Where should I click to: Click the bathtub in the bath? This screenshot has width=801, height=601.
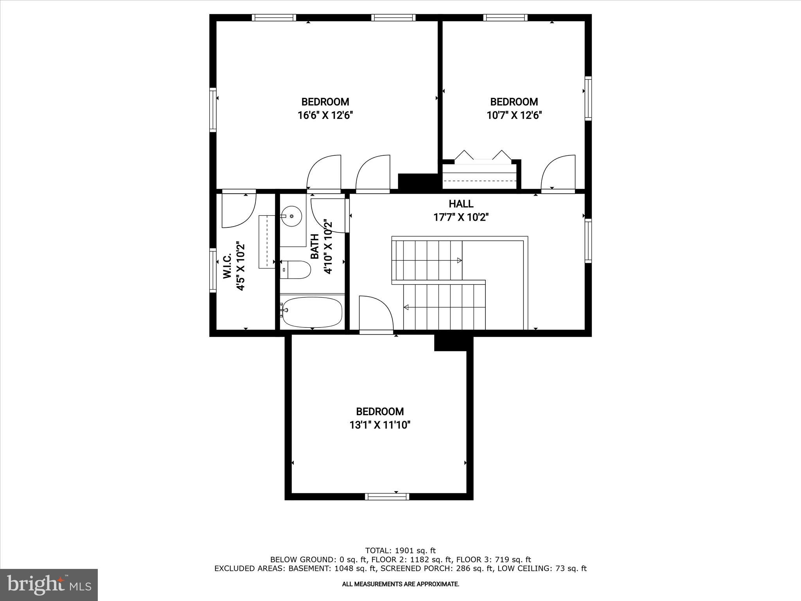[312, 312]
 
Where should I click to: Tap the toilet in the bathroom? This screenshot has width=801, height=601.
[296, 270]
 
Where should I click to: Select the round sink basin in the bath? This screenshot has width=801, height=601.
[291, 216]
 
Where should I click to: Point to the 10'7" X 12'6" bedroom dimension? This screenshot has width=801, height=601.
[514, 115]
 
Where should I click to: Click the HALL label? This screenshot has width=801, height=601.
[461, 204]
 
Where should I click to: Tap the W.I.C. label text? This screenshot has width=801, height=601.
[228, 266]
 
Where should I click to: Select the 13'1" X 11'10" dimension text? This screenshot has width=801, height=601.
[380, 425]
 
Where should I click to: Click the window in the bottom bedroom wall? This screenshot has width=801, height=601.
[387, 497]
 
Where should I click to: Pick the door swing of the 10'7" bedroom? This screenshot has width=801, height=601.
[557, 172]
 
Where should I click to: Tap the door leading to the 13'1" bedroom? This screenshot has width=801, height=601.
[375, 313]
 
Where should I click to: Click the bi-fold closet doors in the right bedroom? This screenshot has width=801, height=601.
[483, 156]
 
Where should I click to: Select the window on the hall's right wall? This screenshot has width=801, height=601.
[588, 241]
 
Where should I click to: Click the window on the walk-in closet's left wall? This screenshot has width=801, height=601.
[213, 270]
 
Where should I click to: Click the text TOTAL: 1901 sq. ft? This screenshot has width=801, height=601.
[400, 551]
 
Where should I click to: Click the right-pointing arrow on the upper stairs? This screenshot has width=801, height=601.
[459, 260]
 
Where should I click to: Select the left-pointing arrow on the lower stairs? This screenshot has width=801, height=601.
[406, 308]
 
